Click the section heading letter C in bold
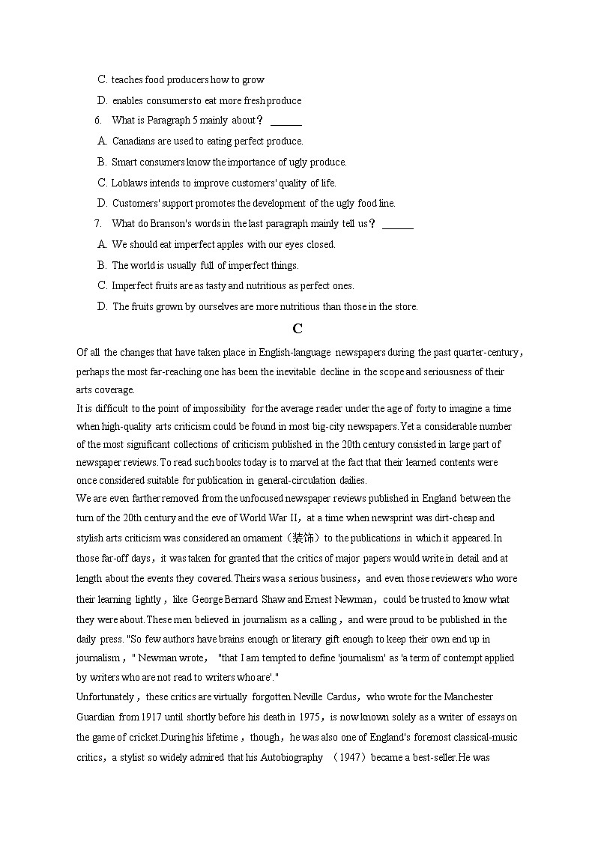pyautogui.click(x=297, y=329)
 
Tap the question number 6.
pyautogui.click(x=98, y=121)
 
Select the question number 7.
pyautogui.click(x=98, y=223)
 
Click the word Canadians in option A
pyautogui.click(x=134, y=142)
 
